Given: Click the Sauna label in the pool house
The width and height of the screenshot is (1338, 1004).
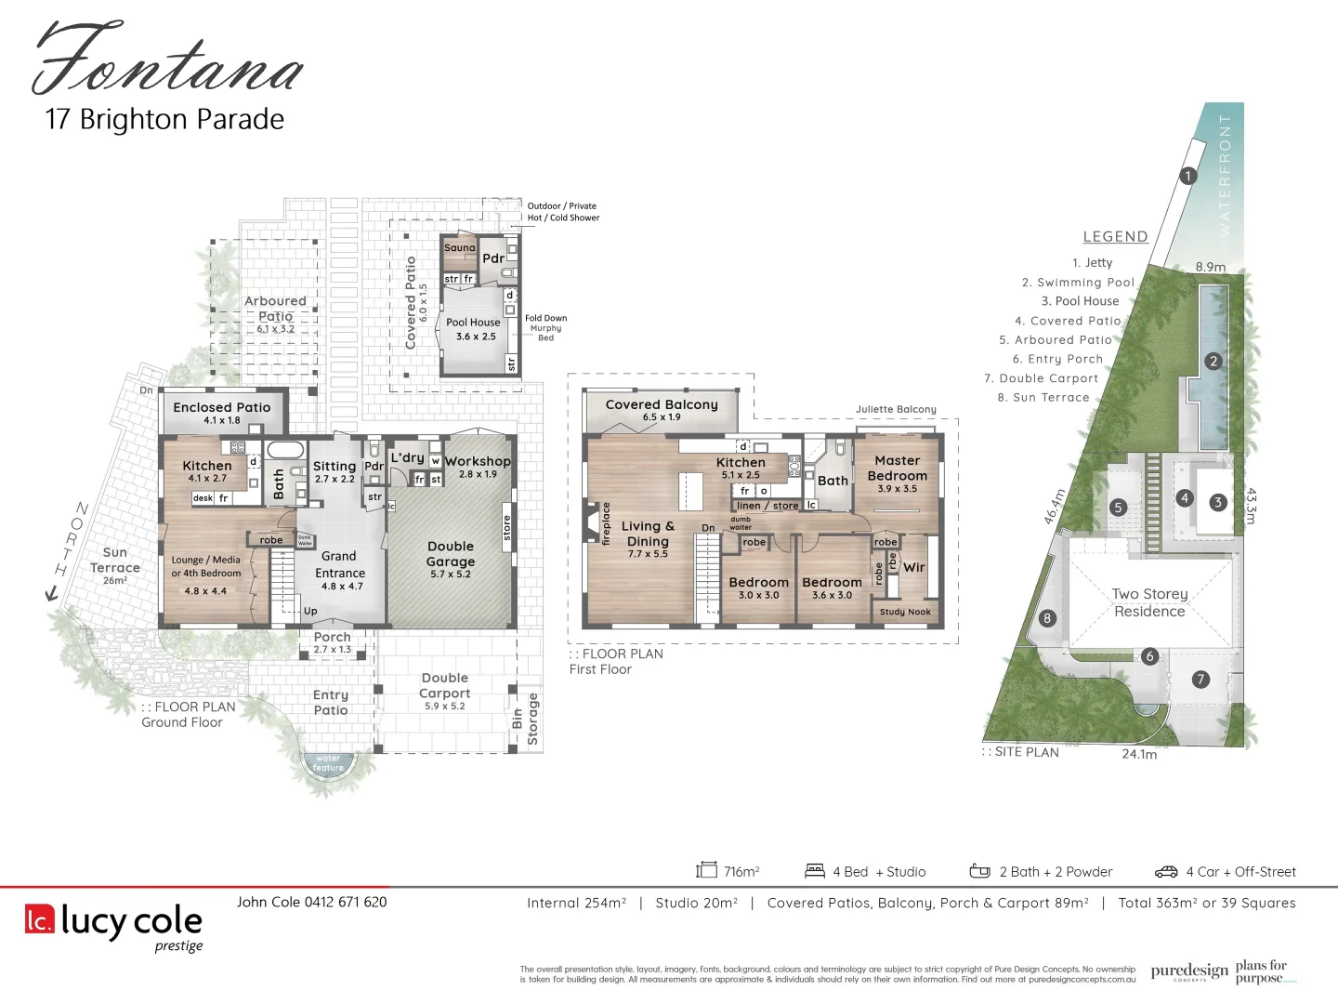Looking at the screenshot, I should (x=459, y=248).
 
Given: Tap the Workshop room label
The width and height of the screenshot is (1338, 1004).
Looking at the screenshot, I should (x=478, y=461).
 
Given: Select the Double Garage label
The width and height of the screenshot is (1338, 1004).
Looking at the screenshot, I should (x=451, y=554).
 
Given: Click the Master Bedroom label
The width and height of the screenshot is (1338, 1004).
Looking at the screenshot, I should (x=897, y=468).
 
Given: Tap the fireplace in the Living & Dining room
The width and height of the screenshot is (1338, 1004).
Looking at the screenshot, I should (x=592, y=522).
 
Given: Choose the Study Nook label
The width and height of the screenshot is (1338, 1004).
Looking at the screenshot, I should (x=905, y=612).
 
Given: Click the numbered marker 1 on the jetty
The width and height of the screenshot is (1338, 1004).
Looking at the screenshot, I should (x=1187, y=176).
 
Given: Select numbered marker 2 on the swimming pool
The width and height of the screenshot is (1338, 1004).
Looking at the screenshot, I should (x=1213, y=362).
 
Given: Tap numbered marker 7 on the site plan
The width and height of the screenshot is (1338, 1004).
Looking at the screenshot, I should (x=1200, y=680).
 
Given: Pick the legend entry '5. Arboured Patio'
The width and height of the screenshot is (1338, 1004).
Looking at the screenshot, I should (x=1056, y=340).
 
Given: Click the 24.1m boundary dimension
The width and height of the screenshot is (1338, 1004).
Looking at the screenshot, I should (x=1139, y=754).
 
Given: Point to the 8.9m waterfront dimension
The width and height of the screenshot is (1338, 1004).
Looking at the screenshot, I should (x=1210, y=267).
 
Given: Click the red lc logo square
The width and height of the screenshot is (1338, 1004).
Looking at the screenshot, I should (x=40, y=919).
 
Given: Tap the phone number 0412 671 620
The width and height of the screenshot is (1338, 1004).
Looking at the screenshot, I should (x=346, y=902).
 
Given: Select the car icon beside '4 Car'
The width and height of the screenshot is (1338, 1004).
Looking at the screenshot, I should (x=1166, y=872).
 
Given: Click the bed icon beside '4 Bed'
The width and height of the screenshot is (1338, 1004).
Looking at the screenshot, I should (x=815, y=871).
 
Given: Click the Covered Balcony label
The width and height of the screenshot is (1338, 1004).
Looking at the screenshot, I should (x=662, y=404).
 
